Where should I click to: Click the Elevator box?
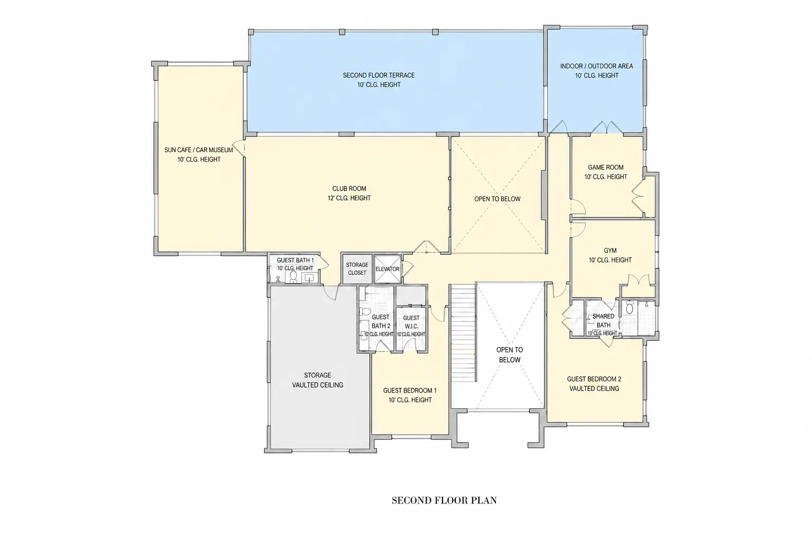coord(387,269)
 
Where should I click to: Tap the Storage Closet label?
coord(357,268)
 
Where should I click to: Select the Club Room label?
coord(349,193)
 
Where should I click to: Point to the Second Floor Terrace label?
coord(379,80)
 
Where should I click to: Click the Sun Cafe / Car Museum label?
coord(199,154)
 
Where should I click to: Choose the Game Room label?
coord(606,172)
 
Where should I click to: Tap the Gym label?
coord(610,255)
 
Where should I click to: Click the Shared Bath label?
coord(603,320)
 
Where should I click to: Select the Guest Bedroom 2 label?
coord(594,384)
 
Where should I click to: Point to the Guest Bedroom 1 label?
coord(410,395)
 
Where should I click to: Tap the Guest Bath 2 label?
coord(381,321)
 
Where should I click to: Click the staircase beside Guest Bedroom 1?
coord(463,333)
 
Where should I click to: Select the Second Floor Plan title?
coord(444,500)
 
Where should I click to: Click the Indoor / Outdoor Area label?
coord(597,71)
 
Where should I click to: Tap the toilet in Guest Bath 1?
coord(293,276)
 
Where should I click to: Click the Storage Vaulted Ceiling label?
coord(318,380)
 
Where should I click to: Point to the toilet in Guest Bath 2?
coord(365,312)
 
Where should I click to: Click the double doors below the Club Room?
coord(427,247)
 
